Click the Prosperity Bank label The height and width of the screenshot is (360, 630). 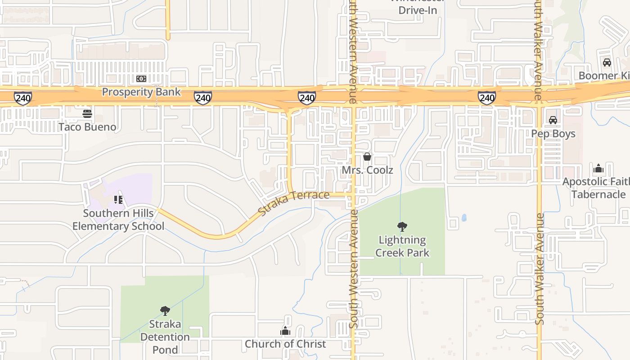[x=141, y=92]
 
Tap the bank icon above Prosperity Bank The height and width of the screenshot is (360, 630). [x=141, y=79]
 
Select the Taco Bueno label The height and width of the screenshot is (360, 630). [x=87, y=127]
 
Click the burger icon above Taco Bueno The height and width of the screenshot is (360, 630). [x=87, y=113]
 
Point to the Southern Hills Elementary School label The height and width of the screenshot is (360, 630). [x=118, y=220]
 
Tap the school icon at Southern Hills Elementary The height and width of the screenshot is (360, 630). [x=118, y=199]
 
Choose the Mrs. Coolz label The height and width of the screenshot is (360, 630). [x=367, y=170]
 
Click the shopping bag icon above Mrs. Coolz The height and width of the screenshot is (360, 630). [x=367, y=157]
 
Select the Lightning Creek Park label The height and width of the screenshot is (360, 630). [x=402, y=246]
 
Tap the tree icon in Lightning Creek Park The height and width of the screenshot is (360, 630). [x=402, y=226]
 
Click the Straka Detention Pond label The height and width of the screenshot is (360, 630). [x=165, y=337]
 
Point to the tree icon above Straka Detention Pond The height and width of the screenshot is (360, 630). [x=165, y=310]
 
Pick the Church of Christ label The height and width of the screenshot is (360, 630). [x=285, y=344]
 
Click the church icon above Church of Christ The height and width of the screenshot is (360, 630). [x=285, y=331]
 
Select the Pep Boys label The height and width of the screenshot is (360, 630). [x=553, y=134]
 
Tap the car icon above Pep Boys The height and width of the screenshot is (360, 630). [x=553, y=120]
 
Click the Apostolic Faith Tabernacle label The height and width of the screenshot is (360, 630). [x=594, y=188]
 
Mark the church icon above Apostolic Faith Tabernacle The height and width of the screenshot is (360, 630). [x=598, y=168]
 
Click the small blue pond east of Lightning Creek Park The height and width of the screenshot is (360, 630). [x=464, y=218]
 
